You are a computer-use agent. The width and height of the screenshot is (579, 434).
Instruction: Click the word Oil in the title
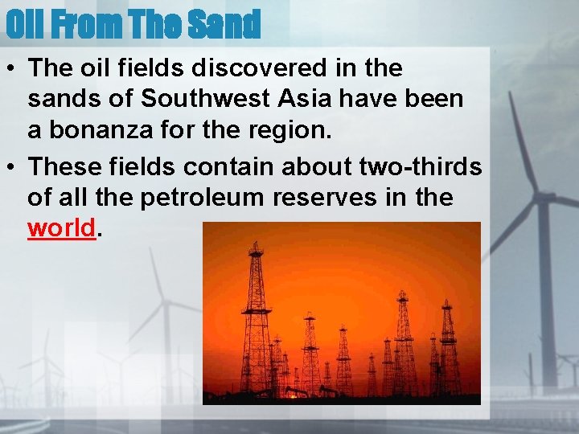click(x=23, y=25)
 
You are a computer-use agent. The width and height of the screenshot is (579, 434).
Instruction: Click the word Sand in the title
click(x=224, y=25)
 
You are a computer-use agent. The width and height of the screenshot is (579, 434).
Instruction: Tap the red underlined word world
click(x=62, y=228)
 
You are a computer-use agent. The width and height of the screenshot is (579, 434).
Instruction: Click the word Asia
click(x=306, y=98)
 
